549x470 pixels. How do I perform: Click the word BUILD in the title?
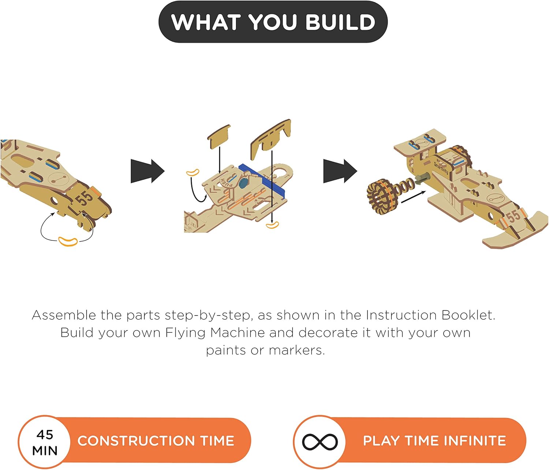coord(340,22)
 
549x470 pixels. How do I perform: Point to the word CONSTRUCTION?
coord(137,441)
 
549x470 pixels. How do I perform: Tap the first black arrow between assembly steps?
coord(147,171)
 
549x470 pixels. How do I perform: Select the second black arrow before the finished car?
coord(340,171)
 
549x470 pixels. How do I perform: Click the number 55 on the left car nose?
coord(84,198)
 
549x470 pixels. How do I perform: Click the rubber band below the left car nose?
coord(68,241)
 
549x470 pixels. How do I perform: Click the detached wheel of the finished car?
coord(381,196)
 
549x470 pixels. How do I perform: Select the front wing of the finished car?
coord(514,234)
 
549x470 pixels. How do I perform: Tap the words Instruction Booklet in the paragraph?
coord(430,315)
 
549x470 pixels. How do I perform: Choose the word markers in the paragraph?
coord(297,350)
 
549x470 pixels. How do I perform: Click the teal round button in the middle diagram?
coord(243,183)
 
